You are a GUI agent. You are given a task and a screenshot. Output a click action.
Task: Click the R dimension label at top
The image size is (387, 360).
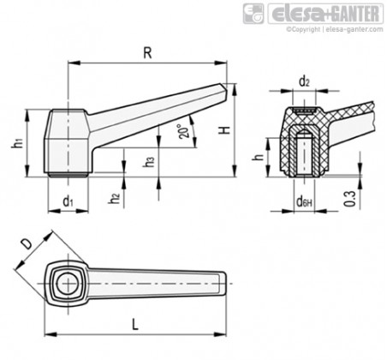(x=147, y=53)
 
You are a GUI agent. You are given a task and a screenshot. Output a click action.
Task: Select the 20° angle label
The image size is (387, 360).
(x=183, y=131)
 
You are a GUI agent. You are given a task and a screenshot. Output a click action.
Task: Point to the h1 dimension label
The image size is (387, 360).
(x=17, y=142)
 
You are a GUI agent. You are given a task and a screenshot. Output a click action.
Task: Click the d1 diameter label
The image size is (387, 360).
(x=68, y=201)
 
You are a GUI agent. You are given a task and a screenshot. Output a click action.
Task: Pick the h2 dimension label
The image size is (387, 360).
(x=114, y=198)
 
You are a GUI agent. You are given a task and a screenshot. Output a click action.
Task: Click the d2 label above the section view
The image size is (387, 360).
(x=304, y=82)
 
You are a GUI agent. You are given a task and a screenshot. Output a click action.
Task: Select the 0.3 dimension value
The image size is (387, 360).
(x=350, y=199)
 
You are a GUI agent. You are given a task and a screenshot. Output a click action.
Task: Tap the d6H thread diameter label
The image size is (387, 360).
(x=304, y=202)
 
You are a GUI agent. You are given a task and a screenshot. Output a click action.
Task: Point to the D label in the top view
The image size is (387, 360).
(x=27, y=244)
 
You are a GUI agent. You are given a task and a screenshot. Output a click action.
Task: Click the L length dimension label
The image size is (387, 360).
(x=135, y=325)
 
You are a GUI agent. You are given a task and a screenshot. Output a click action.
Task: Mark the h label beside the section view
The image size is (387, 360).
(x=259, y=157)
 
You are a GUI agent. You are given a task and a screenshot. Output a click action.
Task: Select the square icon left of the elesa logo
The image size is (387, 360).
(x=253, y=14)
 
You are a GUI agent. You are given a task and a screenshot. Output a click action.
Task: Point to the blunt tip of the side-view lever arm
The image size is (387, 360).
(x=224, y=89)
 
